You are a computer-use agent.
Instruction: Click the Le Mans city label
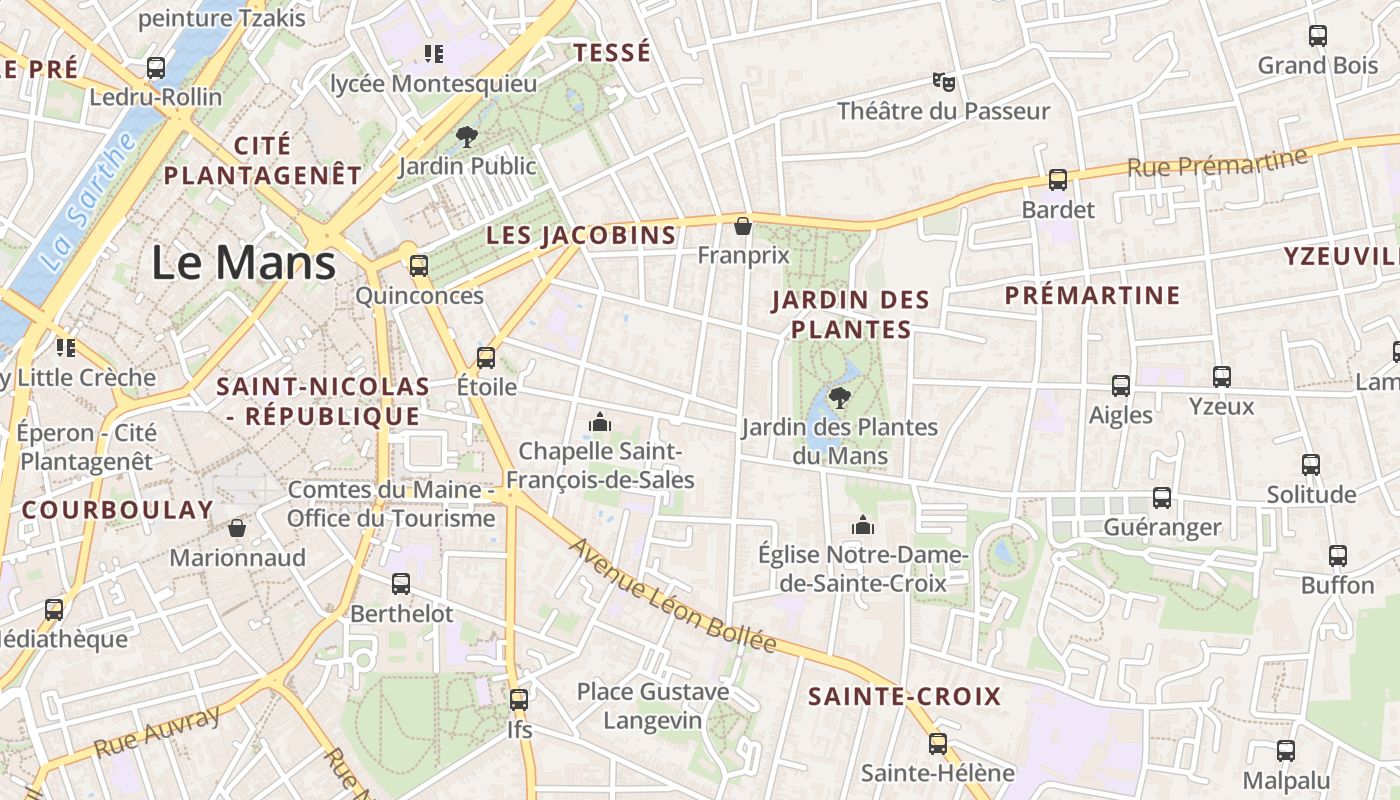[x=243, y=262]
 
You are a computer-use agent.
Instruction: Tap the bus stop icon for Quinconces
[x=419, y=266]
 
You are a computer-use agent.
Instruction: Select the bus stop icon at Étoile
[x=486, y=357]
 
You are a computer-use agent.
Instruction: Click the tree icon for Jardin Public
[x=466, y=137]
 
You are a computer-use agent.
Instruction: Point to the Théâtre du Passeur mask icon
[x=943, y=81]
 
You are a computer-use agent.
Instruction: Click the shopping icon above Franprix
[x=743, y=226]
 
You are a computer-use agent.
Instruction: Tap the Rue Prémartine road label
[x=1217, y=163]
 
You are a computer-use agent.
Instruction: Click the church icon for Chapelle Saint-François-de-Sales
[x=600, y=422]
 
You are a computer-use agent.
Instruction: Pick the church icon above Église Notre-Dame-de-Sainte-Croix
[x=862, y=525]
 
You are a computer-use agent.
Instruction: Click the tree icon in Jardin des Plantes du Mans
[x=840, y=398]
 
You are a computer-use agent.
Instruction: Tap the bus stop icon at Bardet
[x=1058, y=180]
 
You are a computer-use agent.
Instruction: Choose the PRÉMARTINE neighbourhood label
[x=1092, y=295]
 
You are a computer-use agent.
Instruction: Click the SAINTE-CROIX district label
[x=904, y=696]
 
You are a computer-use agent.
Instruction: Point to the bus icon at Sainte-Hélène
[x=937, y=743]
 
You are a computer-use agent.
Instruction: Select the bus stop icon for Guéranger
[x=1161, y=498]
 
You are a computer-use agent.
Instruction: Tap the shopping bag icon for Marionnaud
[x=237, y=528]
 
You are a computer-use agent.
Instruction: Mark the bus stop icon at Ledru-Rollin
[x=156, y=68]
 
